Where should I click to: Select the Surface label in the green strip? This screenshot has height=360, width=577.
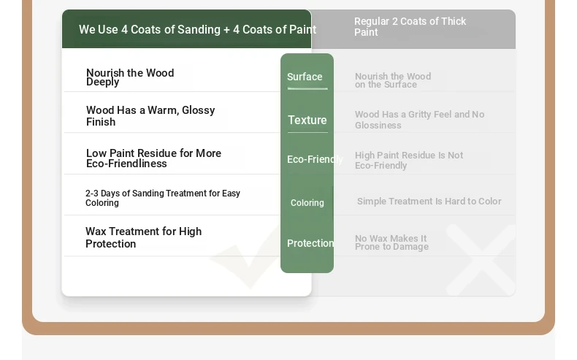[x=305, y=77]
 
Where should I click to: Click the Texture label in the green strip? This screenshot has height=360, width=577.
[x=307, y=120]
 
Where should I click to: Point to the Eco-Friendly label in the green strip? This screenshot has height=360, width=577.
[x=315, y=159]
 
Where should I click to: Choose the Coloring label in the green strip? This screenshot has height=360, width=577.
[x=307, y=202]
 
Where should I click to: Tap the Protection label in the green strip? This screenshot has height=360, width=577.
[x=310, y=243]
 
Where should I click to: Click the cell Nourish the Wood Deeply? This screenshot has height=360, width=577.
[x=130, y=77]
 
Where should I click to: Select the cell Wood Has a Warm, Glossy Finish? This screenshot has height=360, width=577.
[x=150, y=116]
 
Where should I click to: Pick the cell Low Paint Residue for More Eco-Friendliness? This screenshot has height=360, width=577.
[x=153, y=158]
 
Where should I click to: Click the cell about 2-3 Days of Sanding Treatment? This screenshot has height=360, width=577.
[x=163, y=198]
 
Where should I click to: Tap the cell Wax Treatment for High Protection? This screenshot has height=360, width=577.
[x=143, y=237]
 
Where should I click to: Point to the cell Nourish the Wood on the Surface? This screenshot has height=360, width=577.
[x=393, y=80]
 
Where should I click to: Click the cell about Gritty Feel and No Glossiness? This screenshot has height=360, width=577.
[x=419, y=120]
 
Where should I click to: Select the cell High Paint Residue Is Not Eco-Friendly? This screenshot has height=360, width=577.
[x=409, y=161]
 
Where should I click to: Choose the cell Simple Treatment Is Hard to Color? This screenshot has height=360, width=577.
[x=429, y=201]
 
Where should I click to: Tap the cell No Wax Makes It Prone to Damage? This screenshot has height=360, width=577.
[x=391, y=242]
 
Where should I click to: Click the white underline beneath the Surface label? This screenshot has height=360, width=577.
[x=307, y=88]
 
